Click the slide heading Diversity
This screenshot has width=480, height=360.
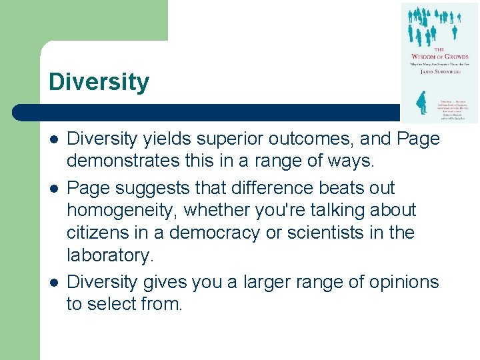[99, 83]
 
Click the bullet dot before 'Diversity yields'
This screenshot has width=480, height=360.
[53, 139]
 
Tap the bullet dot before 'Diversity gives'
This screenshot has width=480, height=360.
[53, 283]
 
